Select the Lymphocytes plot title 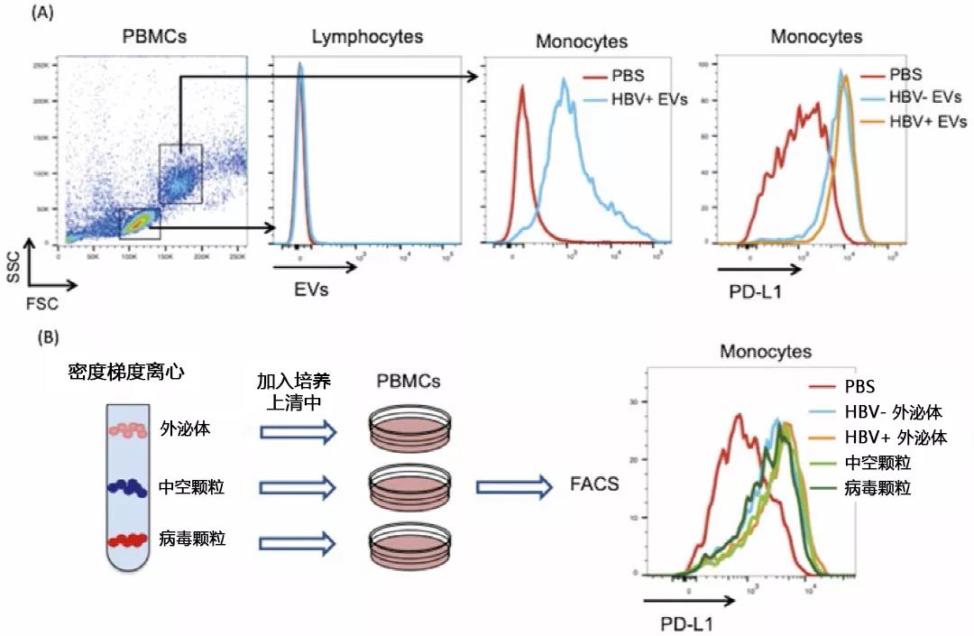367,36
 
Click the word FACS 593,484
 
